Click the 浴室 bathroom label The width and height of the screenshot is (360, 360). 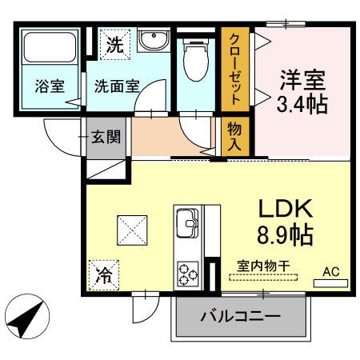click(50, 85)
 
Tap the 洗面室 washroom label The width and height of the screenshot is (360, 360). click(118, 85)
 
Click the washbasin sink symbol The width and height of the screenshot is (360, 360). click(150, 41)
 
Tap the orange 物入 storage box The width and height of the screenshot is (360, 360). click(234, 137)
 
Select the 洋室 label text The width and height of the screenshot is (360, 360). click(302, 80)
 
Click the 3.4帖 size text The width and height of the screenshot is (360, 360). click(302, 104)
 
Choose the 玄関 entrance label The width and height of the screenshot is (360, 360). click(105, 137)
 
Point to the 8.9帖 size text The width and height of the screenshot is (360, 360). click(284, 235)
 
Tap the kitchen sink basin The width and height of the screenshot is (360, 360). click(188, 219)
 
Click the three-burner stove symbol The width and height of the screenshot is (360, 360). click(189, 272)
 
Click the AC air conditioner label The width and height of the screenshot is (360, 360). click(331, 272)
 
